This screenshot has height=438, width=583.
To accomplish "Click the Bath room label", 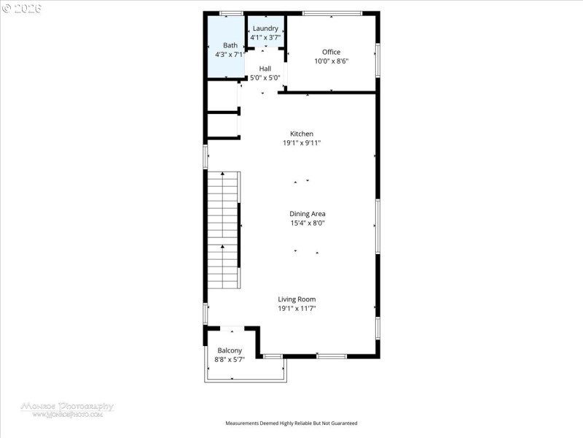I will click(230, 45).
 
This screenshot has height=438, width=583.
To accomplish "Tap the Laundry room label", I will click(265, 28).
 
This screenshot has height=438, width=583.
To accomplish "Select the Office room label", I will click(332, 52).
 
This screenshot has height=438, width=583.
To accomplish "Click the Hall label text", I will click(265, 69).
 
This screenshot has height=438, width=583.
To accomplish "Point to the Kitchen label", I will click(302, 134).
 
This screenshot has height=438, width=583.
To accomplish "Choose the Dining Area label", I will click(307, 214).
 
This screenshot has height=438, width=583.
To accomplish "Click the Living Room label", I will click(297, 299).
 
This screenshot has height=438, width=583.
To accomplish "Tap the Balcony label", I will click(230, 350).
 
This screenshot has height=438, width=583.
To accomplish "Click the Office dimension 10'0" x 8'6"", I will click(332, 61).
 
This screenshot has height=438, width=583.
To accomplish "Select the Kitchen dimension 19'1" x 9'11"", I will click(302, 143).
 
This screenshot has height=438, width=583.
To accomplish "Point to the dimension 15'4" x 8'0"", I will click(307, 223).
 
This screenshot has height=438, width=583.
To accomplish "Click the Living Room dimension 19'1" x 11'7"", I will click(297, 309).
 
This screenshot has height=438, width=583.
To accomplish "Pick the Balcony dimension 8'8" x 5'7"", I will click(230, 359).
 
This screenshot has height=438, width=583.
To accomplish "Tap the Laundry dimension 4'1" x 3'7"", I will click(265, 36).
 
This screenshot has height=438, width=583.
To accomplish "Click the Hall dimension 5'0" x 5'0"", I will click(265, 77).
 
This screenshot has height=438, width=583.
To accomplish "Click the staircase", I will click(223, 230).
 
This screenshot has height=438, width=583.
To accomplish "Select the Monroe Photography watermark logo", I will click(66, 408).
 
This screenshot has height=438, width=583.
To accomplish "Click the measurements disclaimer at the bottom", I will click(291, 423).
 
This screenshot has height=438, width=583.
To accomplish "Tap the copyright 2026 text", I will click(23, 8).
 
